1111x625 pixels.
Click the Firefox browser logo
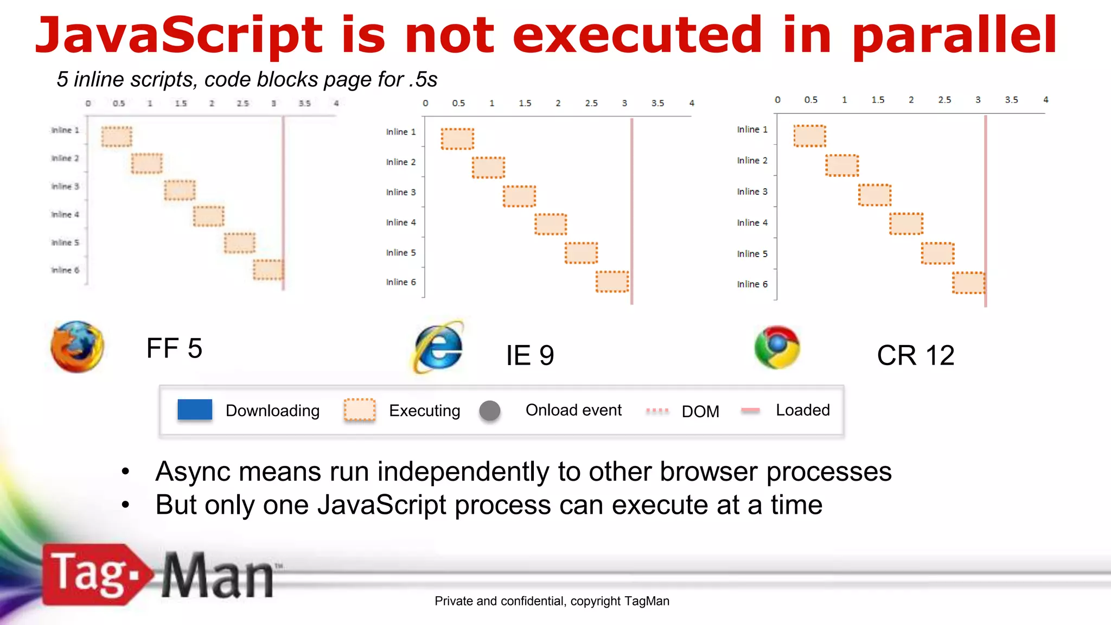[x=77, y=347]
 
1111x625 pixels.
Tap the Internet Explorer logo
[x=439, y=348]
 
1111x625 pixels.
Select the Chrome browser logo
[x=777, y=347]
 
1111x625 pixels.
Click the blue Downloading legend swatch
[x=195, y=410]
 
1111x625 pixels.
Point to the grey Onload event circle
[x=490, y=411]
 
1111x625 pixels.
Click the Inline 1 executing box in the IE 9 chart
[x=457, y=139]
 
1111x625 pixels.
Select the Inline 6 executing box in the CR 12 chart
[x=969, y=283]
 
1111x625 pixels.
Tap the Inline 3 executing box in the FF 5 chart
[x=180, y=190]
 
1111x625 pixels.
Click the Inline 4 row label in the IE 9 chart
[x=401, y=222]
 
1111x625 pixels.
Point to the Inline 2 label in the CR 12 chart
[x=752, y=161]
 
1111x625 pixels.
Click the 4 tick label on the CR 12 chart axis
[x=1046, y=100]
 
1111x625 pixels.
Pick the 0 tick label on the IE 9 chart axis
[x=425, y=103]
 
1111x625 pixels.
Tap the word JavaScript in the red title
[x=179, y=36]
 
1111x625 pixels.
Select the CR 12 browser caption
[x=915, y=356]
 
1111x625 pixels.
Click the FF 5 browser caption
[x=174, y=348]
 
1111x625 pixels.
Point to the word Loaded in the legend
[x=802, y=410]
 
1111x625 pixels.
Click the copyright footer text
[x=552, y=601]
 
